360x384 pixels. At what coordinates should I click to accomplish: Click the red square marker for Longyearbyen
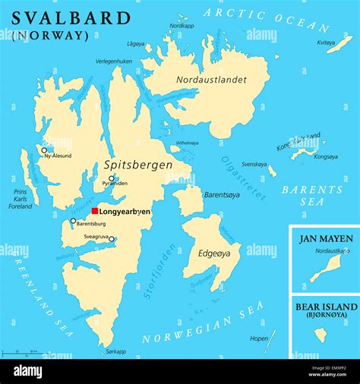[95, 211]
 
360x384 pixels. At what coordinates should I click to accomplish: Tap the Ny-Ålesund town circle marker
[44, 150]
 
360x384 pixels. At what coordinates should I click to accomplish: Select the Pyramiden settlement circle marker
[111, 178]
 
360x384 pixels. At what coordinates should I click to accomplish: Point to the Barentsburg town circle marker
[73, 221]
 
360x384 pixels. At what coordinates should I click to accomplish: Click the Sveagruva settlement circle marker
[112, 239]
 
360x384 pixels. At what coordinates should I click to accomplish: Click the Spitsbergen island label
[137, 165]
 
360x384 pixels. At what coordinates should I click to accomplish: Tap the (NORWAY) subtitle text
[50, 36]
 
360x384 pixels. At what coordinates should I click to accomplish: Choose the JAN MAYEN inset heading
[325, 238]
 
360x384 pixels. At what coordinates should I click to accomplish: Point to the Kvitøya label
[326, 42]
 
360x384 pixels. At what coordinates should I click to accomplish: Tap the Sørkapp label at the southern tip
[115, 351]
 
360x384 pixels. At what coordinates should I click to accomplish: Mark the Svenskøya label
[254, 164]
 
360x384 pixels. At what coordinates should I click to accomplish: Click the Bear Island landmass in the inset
[321, 335]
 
